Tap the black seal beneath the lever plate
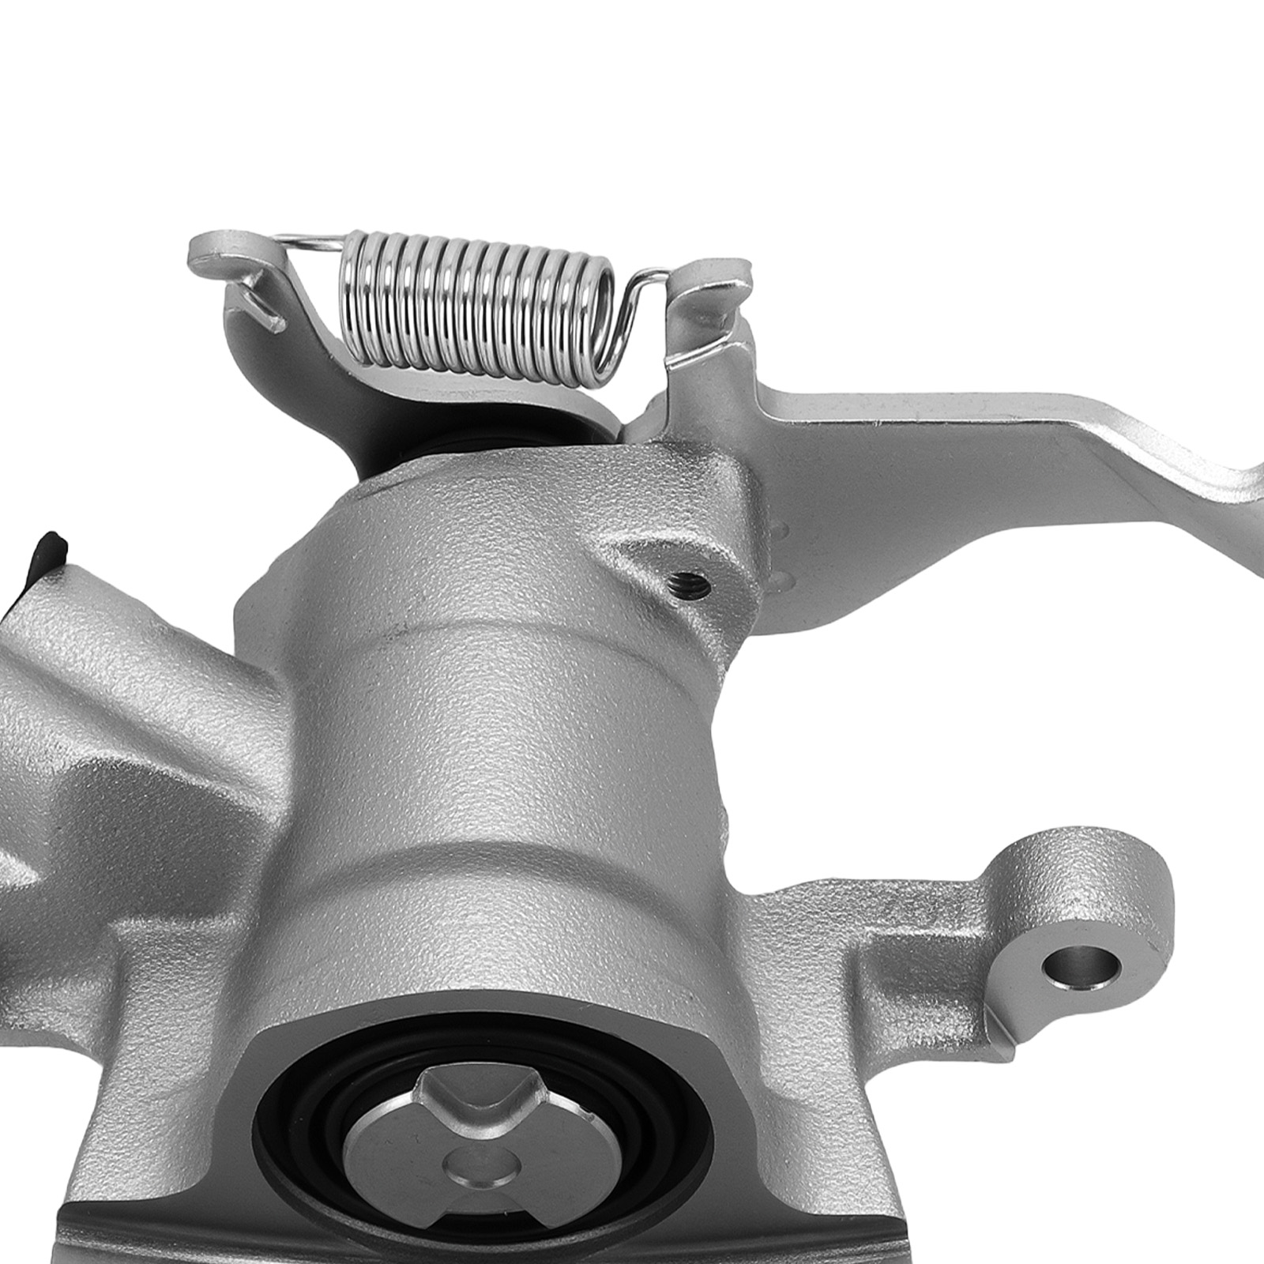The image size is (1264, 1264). tap(442, 450)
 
